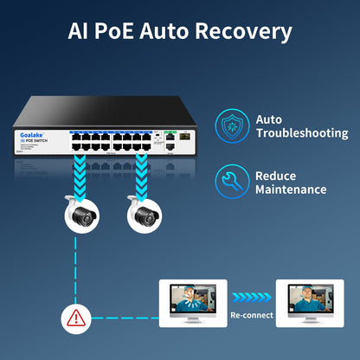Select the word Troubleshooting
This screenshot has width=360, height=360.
click(x=302, y=133)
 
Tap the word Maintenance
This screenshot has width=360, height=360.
click(x=291, y=189)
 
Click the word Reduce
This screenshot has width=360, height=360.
click(x=275, y=175)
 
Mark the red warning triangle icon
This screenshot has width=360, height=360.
click(x=75, y=318)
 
